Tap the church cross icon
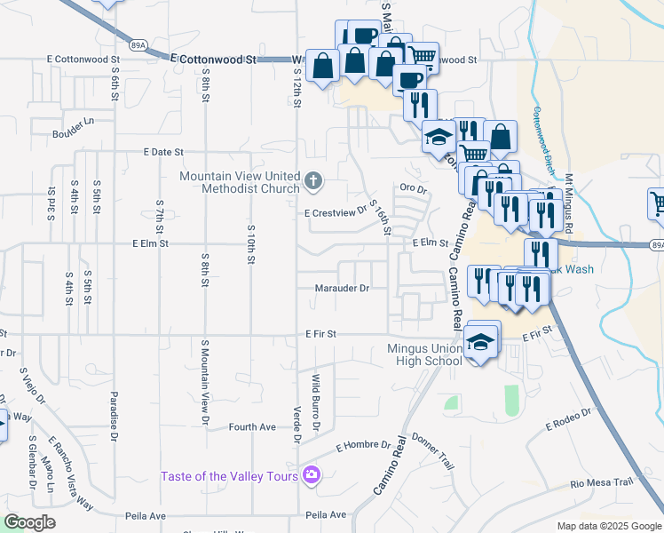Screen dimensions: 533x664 [312, 182]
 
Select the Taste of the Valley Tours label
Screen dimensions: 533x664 [228, 476]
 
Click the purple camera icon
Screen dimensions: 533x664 [312, 475]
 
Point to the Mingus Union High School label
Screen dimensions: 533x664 [425, 354]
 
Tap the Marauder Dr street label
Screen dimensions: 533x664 [342, 288]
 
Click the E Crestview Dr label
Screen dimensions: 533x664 [335, 213]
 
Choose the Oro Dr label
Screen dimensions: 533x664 [414, 188]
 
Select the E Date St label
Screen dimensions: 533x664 [162, 153]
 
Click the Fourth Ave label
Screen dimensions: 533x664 [252, 426]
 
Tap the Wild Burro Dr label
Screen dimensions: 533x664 [315, 402]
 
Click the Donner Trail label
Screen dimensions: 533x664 [432, 451]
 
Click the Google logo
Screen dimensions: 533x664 [30, 522]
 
